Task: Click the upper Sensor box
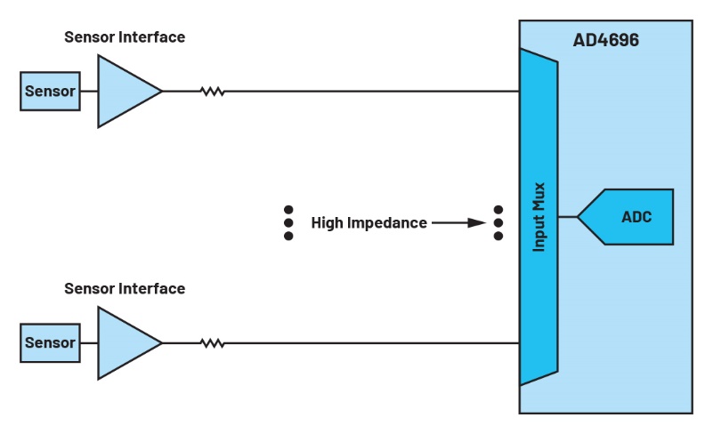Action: click(50, 92)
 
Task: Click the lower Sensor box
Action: click(50, 343)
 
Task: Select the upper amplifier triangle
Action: click(124, 92)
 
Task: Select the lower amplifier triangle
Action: click(124, 343)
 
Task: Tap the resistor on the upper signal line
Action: click(212, 92)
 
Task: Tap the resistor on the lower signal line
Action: click(212, 343)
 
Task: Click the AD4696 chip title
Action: click(605, 41)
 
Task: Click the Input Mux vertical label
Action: click(539, 218)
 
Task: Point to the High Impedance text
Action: click(369, 223)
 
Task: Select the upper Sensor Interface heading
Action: click(125, 37)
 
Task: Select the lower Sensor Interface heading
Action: click(125, 289)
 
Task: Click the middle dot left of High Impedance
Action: click(288, 223)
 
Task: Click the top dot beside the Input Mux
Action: click(498, 210)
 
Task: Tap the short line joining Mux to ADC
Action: click(568, 217)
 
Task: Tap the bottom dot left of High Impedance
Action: click(288, 236)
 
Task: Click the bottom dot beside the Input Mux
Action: click(498, 236)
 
